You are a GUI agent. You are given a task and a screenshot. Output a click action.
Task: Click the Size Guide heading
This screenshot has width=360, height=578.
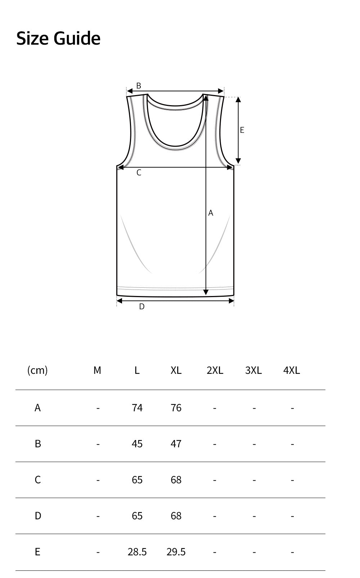tap(58, 38)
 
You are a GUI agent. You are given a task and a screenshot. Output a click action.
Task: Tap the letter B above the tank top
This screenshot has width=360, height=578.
tap(139, 86)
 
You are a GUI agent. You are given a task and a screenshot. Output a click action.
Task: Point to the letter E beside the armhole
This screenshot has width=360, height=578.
tap(242, 130)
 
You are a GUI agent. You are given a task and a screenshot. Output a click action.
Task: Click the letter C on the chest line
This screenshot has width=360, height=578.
tap(139, 173)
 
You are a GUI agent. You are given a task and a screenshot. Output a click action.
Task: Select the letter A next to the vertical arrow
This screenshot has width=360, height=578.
tap(211, 213)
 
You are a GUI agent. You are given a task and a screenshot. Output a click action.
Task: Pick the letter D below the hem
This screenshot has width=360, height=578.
tap(142, 307)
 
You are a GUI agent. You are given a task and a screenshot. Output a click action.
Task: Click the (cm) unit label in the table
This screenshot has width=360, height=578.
tap(37, 370)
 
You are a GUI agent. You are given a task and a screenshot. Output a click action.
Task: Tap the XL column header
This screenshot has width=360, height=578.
tap(176, 370)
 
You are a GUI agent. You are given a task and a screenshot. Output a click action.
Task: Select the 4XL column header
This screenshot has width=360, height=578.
tap(292, 370)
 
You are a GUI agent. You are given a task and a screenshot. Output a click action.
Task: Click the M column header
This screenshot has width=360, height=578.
tap(97, 370)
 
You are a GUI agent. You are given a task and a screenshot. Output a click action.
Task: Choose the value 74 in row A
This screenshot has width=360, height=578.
tap(137, 408)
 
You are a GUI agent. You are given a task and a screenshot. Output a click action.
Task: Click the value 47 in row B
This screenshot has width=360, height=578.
tap(176, 444)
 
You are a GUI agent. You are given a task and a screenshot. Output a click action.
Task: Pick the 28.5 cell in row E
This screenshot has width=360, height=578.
tap(137, 552)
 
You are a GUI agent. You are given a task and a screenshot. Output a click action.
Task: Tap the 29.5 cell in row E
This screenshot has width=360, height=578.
tap(176, 552)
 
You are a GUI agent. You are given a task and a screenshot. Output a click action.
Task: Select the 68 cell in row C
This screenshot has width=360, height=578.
tap(176, 480)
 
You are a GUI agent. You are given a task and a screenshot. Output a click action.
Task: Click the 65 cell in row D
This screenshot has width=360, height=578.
tap(137, 516)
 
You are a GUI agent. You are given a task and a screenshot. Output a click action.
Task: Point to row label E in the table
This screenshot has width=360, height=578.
tap(37, 552)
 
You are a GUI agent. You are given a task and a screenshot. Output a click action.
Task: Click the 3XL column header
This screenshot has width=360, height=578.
tap(253, 370)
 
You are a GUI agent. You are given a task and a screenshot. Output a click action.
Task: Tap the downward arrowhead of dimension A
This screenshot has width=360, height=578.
tap(206, 292)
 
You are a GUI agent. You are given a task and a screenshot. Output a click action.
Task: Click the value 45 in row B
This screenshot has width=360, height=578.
tap(137, 444)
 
